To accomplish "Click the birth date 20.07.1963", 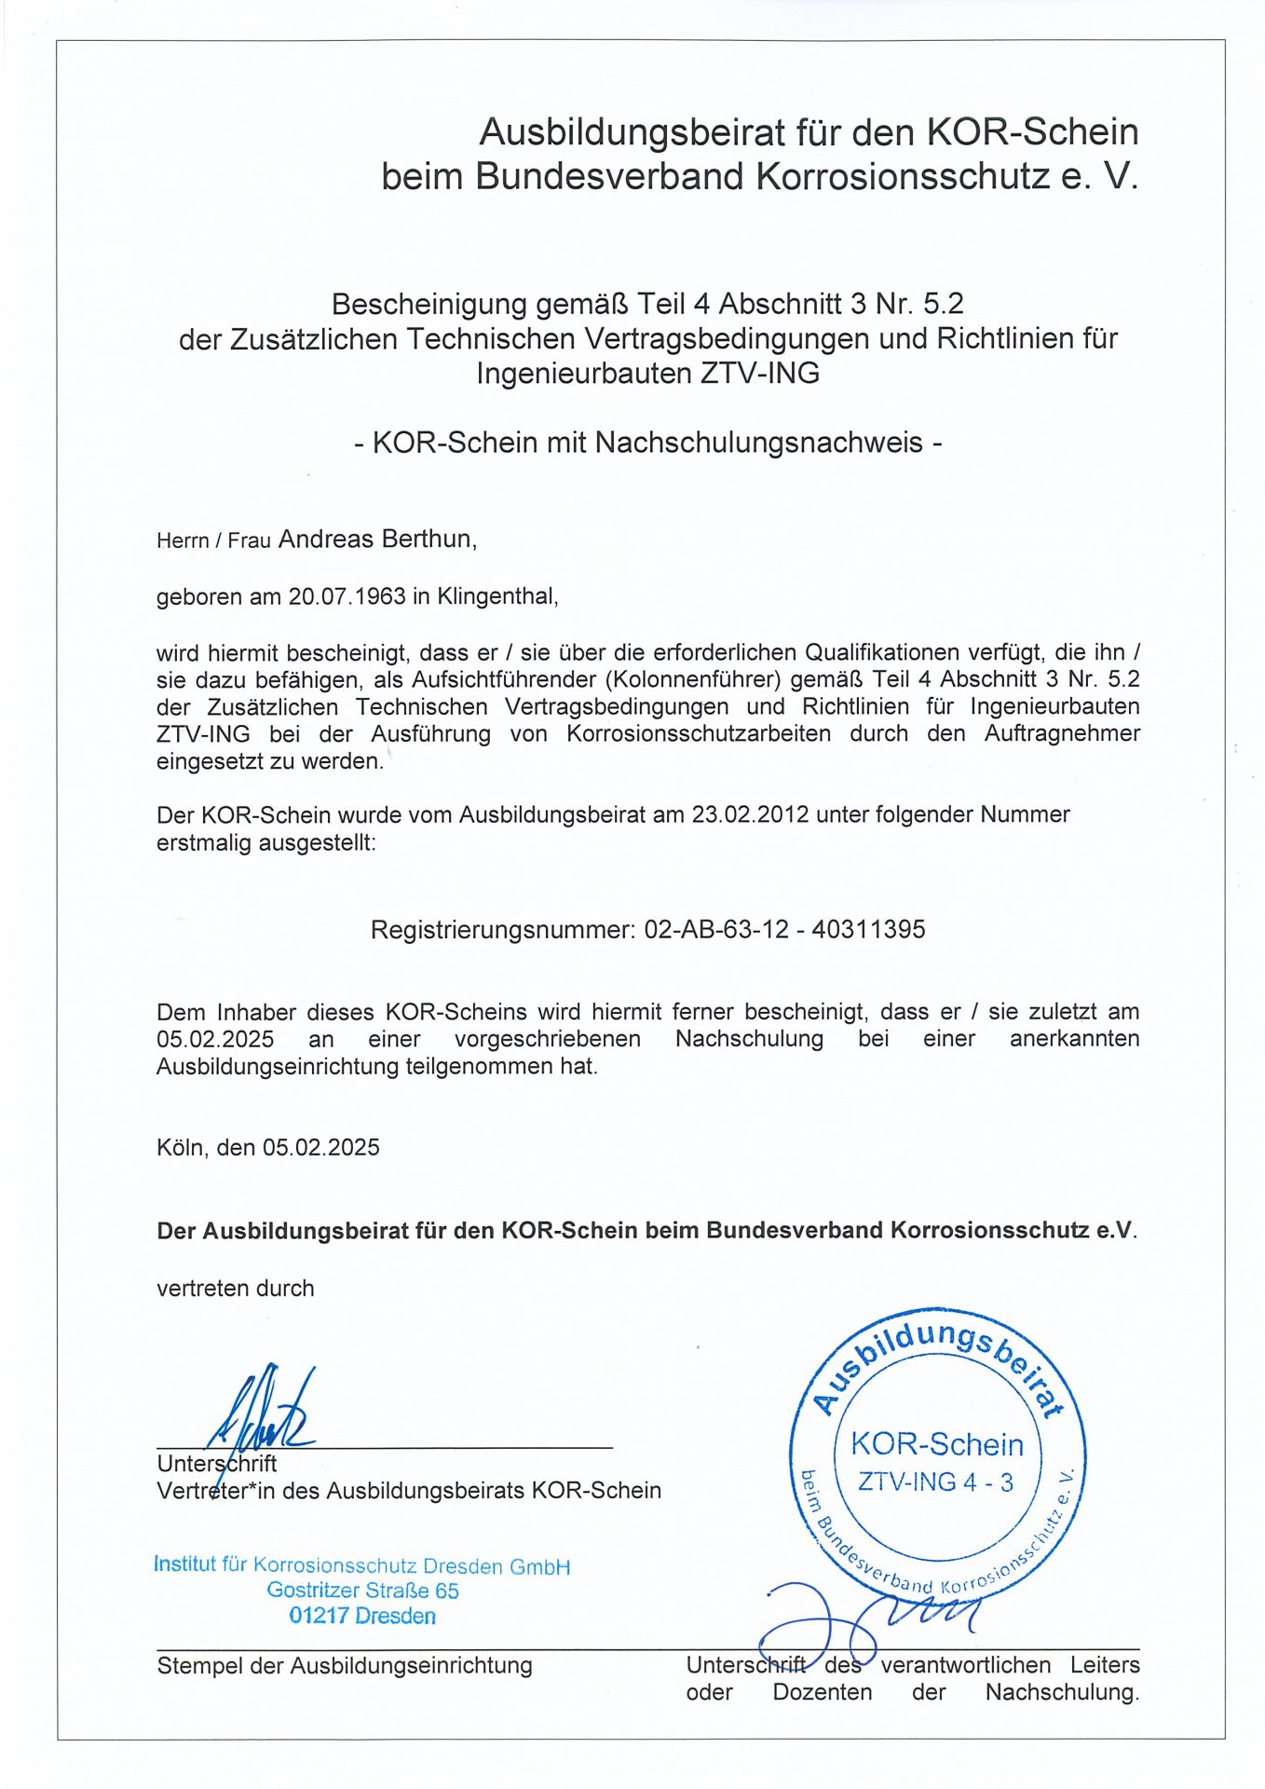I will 347,596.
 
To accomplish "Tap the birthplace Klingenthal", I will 496,596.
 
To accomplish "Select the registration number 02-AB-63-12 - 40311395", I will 784,930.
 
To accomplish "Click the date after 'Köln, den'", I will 320,1147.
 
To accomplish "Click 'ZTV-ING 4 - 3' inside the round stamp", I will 935,1482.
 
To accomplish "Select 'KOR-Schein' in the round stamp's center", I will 937,1444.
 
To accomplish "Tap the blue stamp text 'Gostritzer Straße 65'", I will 362,1591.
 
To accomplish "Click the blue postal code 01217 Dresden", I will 362,1616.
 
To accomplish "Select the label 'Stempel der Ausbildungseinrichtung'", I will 345,1665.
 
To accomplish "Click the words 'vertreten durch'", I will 236,1289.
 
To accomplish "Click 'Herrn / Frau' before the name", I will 213,541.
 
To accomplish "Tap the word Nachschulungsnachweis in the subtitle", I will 758,442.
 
